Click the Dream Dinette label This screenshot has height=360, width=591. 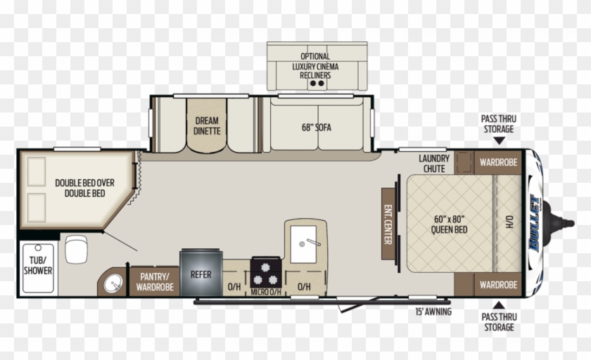pyautogui.click(x=207, y=125)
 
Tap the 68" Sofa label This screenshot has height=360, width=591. pyautogui.click(x=316, y=127)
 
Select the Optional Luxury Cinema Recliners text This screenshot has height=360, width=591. pyautogui.click(x=315, y=66)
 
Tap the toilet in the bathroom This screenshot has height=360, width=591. pyautogui.click(x=75, y=248)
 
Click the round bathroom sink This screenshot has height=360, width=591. pyautogui.click(x=112, y=283)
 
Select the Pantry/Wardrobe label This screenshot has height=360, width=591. pyautogui.click(x=155, y=282)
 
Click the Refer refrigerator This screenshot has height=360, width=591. pyautogui.click(x=201, y=274)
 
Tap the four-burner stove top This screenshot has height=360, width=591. pyautogui.click(x=267, y=271)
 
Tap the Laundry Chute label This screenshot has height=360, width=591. pyautogui.click(x=433, y=164)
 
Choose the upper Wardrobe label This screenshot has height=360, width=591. pyautogui.click(x=498, y=162)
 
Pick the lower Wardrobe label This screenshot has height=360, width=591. pyautogui.click(x=498, y=285)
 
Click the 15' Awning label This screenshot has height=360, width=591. pyautogui.click(x=433, y=311)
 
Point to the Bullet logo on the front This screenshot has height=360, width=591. pyautogui.click(x=535, y=221)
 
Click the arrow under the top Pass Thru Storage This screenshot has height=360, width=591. pyautogui.click(x=498, y=141)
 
